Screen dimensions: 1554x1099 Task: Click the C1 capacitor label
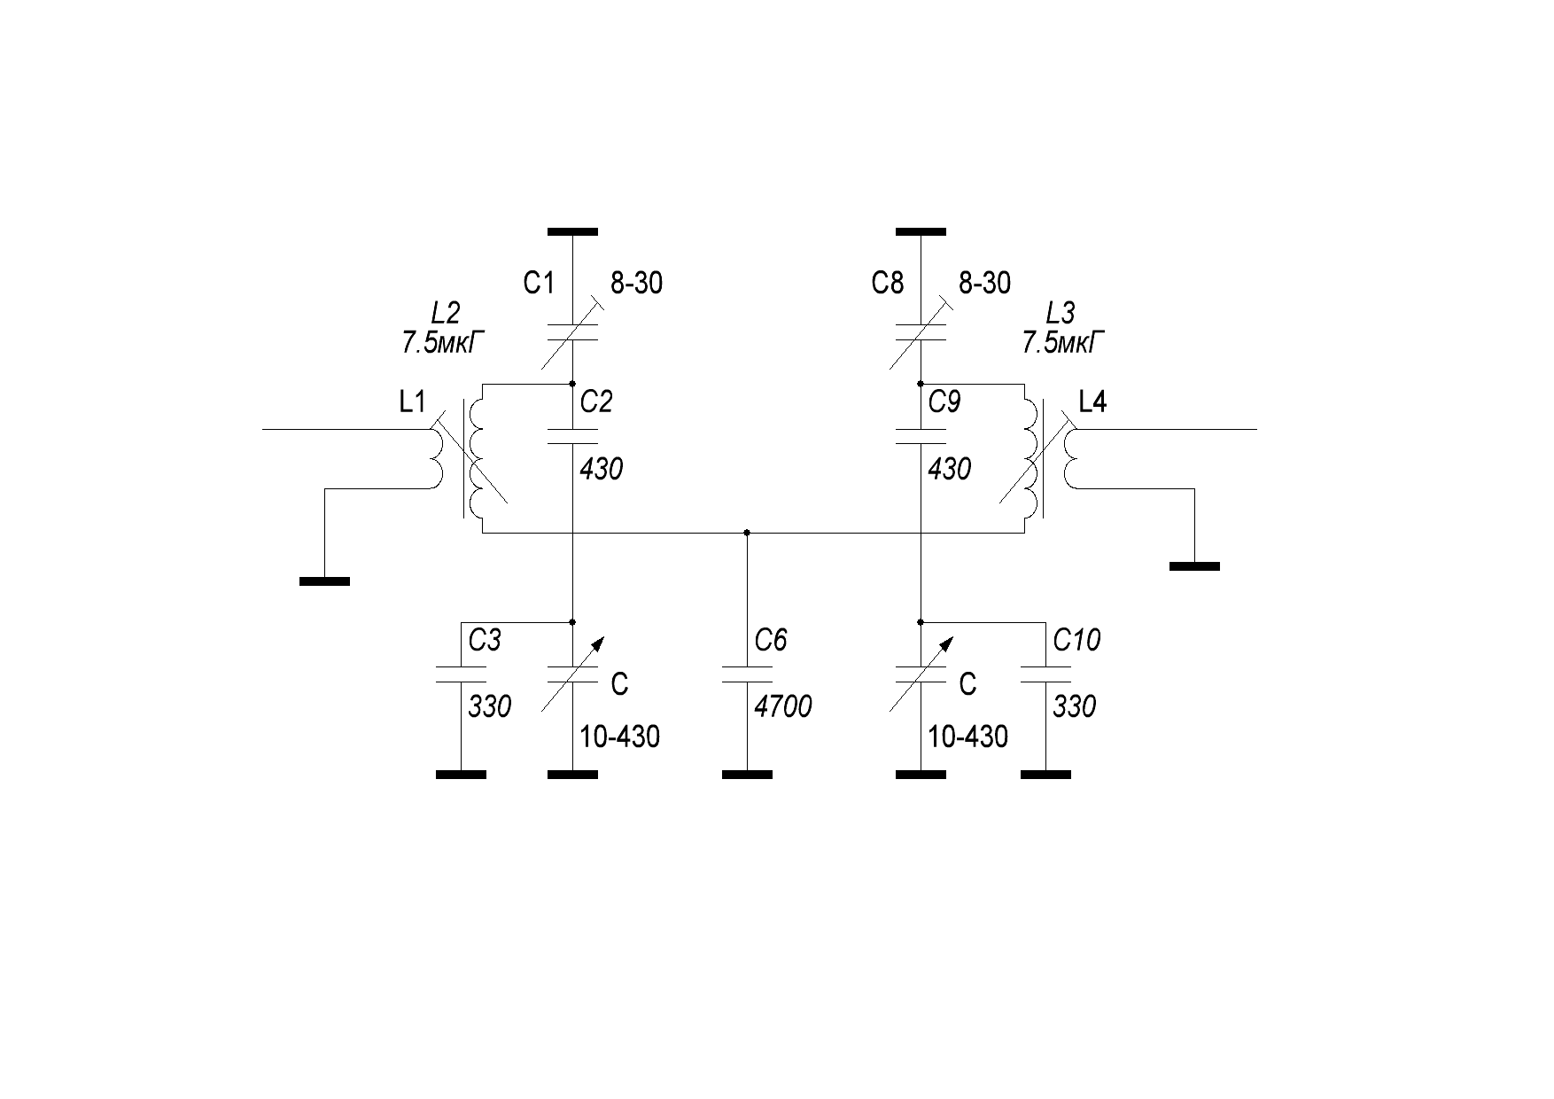click(539, 284)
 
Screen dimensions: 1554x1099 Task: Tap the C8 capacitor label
click(888, 284)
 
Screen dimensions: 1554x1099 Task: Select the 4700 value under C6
click(782, 706)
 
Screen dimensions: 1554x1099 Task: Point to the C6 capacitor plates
click(747, 674)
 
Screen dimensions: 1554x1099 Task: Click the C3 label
click(485, 640)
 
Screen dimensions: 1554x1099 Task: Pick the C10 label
click(1076, 640)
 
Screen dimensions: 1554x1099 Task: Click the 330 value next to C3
click(490, 706)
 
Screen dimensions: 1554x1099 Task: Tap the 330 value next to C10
click(1075, 706)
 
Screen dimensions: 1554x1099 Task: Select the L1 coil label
click(412, 403)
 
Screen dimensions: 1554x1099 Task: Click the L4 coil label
click(1092, 403)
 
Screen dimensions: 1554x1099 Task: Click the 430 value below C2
click(601, 469)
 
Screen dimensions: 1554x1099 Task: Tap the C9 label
click(944, 403)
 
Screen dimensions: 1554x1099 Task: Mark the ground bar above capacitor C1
click(572, 232)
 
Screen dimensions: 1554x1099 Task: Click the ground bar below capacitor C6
click(747, 775)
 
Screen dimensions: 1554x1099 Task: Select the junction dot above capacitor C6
click(747, 533)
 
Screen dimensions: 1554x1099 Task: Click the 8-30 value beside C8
click(985, 284)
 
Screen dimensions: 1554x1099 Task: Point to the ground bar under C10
click(1045, 775)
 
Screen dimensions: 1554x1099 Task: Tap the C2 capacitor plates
click(572, 436)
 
